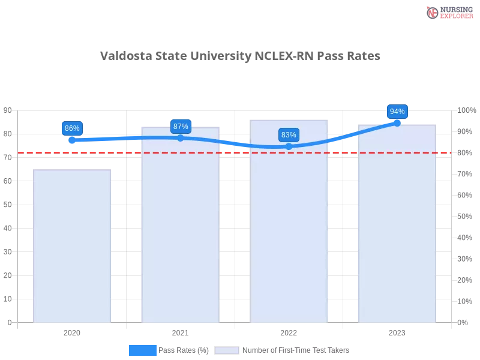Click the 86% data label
coord(72,128)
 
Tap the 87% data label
coord(181,127)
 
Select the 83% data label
coord(289,135)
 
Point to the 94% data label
coord(397,112)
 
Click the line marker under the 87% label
coord(181,138)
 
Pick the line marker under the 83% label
coord(289,146)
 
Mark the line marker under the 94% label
coord(397,123)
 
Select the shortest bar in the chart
coord(72,246)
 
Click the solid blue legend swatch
coord(142,350)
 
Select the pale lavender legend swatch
coord(227,350)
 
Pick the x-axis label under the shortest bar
coord(72,331)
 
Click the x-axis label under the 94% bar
coord(397,331)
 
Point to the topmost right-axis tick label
coord(466,110)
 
